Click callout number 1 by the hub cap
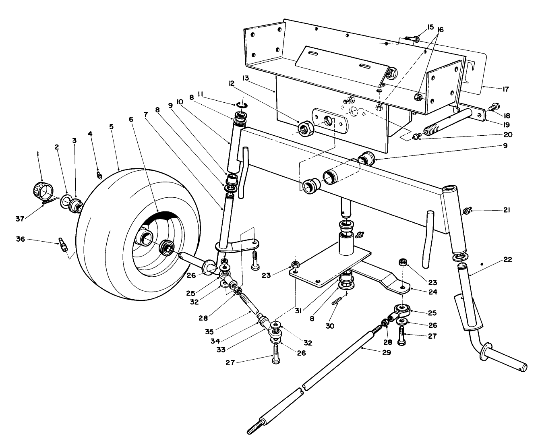38,153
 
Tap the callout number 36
21,239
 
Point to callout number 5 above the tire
112,126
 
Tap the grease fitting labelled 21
468,211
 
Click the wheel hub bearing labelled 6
166,246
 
